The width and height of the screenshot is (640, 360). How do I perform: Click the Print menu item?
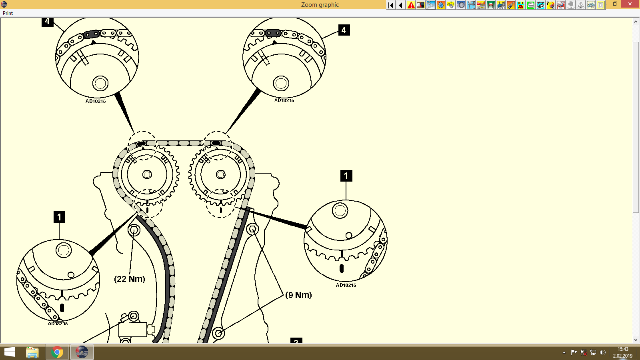(x=8, y=13)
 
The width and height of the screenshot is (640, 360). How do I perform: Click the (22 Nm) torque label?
(x=130, y=279)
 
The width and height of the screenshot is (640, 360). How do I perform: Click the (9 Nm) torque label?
(x=298, y=295)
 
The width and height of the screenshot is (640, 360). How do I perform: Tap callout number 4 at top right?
(x=344, y=30)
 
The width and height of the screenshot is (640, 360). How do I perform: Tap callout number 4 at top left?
(x=47, y=22)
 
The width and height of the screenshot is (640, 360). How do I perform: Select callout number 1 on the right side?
(x=346, y=176)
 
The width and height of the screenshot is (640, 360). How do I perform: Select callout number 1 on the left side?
(x=59, y=217)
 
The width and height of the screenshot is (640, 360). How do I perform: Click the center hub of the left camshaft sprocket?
(x=147, y=174)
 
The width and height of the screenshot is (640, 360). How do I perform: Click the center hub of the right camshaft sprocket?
(x=221, y=174)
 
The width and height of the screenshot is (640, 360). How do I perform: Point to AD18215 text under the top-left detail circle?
(x=96, y=101)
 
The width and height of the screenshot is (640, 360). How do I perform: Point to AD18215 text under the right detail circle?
(x=346, y=285)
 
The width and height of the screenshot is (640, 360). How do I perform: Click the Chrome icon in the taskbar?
(x=57, y=352)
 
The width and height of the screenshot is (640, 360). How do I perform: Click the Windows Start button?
(x=9, y=352)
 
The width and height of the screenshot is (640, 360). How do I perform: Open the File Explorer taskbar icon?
(x=32, y=352)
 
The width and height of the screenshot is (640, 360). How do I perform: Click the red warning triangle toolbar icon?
(x=411, y=5)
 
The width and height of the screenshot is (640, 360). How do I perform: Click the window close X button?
(x=630, y=4)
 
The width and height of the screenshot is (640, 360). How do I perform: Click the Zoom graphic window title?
(x=320, y=5)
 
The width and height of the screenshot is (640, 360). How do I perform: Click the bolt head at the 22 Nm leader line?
(x=134, y=230)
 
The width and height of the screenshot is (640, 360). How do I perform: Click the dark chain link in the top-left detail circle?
(x=92, y=34)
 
